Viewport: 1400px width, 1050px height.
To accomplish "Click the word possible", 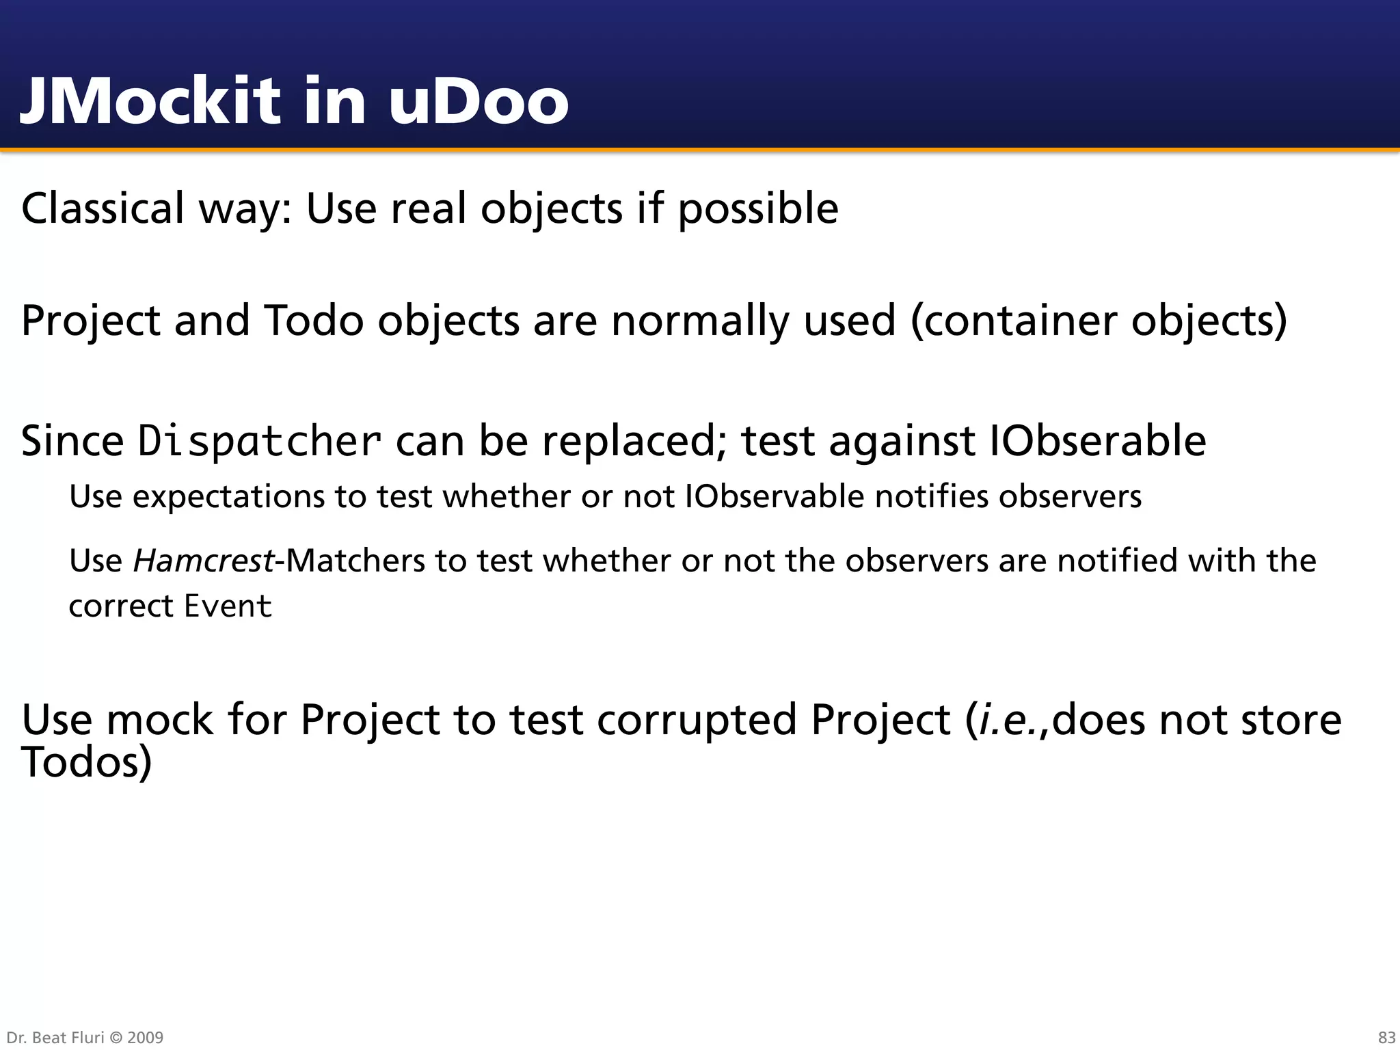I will [x=757, y=209].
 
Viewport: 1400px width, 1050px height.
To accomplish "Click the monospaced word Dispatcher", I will [x=259, y=442].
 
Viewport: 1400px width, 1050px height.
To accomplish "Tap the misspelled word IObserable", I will [x=1098, y=440].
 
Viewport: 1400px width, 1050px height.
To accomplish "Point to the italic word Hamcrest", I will [x=203, y=561].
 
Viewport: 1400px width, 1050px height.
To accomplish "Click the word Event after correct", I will [x=228, y=606].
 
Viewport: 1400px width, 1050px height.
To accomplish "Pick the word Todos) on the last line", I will [x=86, y=762].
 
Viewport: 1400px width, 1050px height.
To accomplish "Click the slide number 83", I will [x=1386, y=1038].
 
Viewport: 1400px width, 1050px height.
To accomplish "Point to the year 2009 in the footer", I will [x=145, y=1038].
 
